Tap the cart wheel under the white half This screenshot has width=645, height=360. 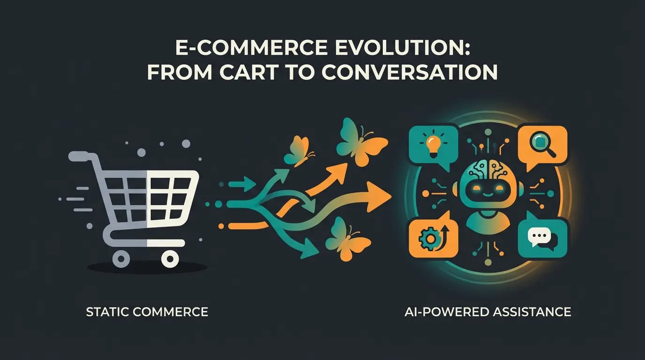pos(170,257)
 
